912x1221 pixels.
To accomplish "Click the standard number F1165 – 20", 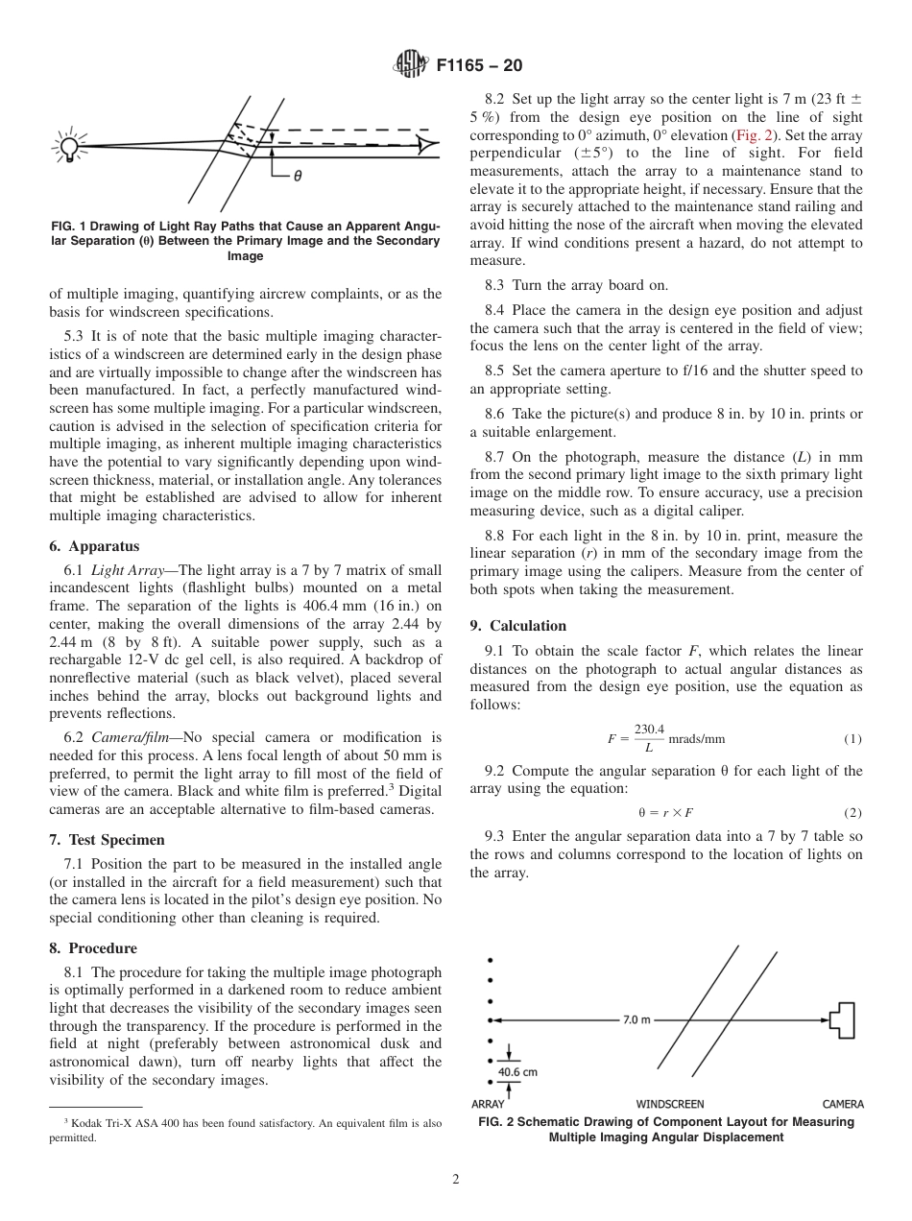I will click(479, 66).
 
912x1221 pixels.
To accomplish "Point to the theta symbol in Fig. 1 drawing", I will click(298, 177).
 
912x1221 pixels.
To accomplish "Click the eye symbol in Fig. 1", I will click(426, 146).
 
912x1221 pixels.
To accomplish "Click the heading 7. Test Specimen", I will click(107, 840).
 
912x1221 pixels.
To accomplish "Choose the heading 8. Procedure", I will click(93, 948).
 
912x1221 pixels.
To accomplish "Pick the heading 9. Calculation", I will click(518, 626).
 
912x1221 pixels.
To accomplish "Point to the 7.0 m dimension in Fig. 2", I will click(636, 1019).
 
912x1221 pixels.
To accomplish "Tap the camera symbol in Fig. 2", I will click(841, 1019).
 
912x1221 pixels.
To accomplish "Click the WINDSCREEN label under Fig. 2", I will click(670, 1104).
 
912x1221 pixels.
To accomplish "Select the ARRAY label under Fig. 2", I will click(489, 1104).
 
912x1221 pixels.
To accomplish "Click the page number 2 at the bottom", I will click(456, 1180).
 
